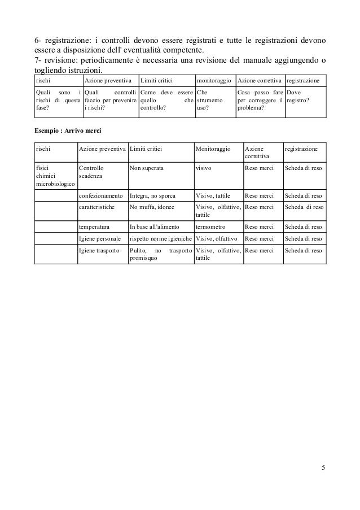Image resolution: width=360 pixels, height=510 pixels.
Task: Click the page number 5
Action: point(323,468)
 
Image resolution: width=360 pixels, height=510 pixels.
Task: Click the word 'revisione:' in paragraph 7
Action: point(57,60)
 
